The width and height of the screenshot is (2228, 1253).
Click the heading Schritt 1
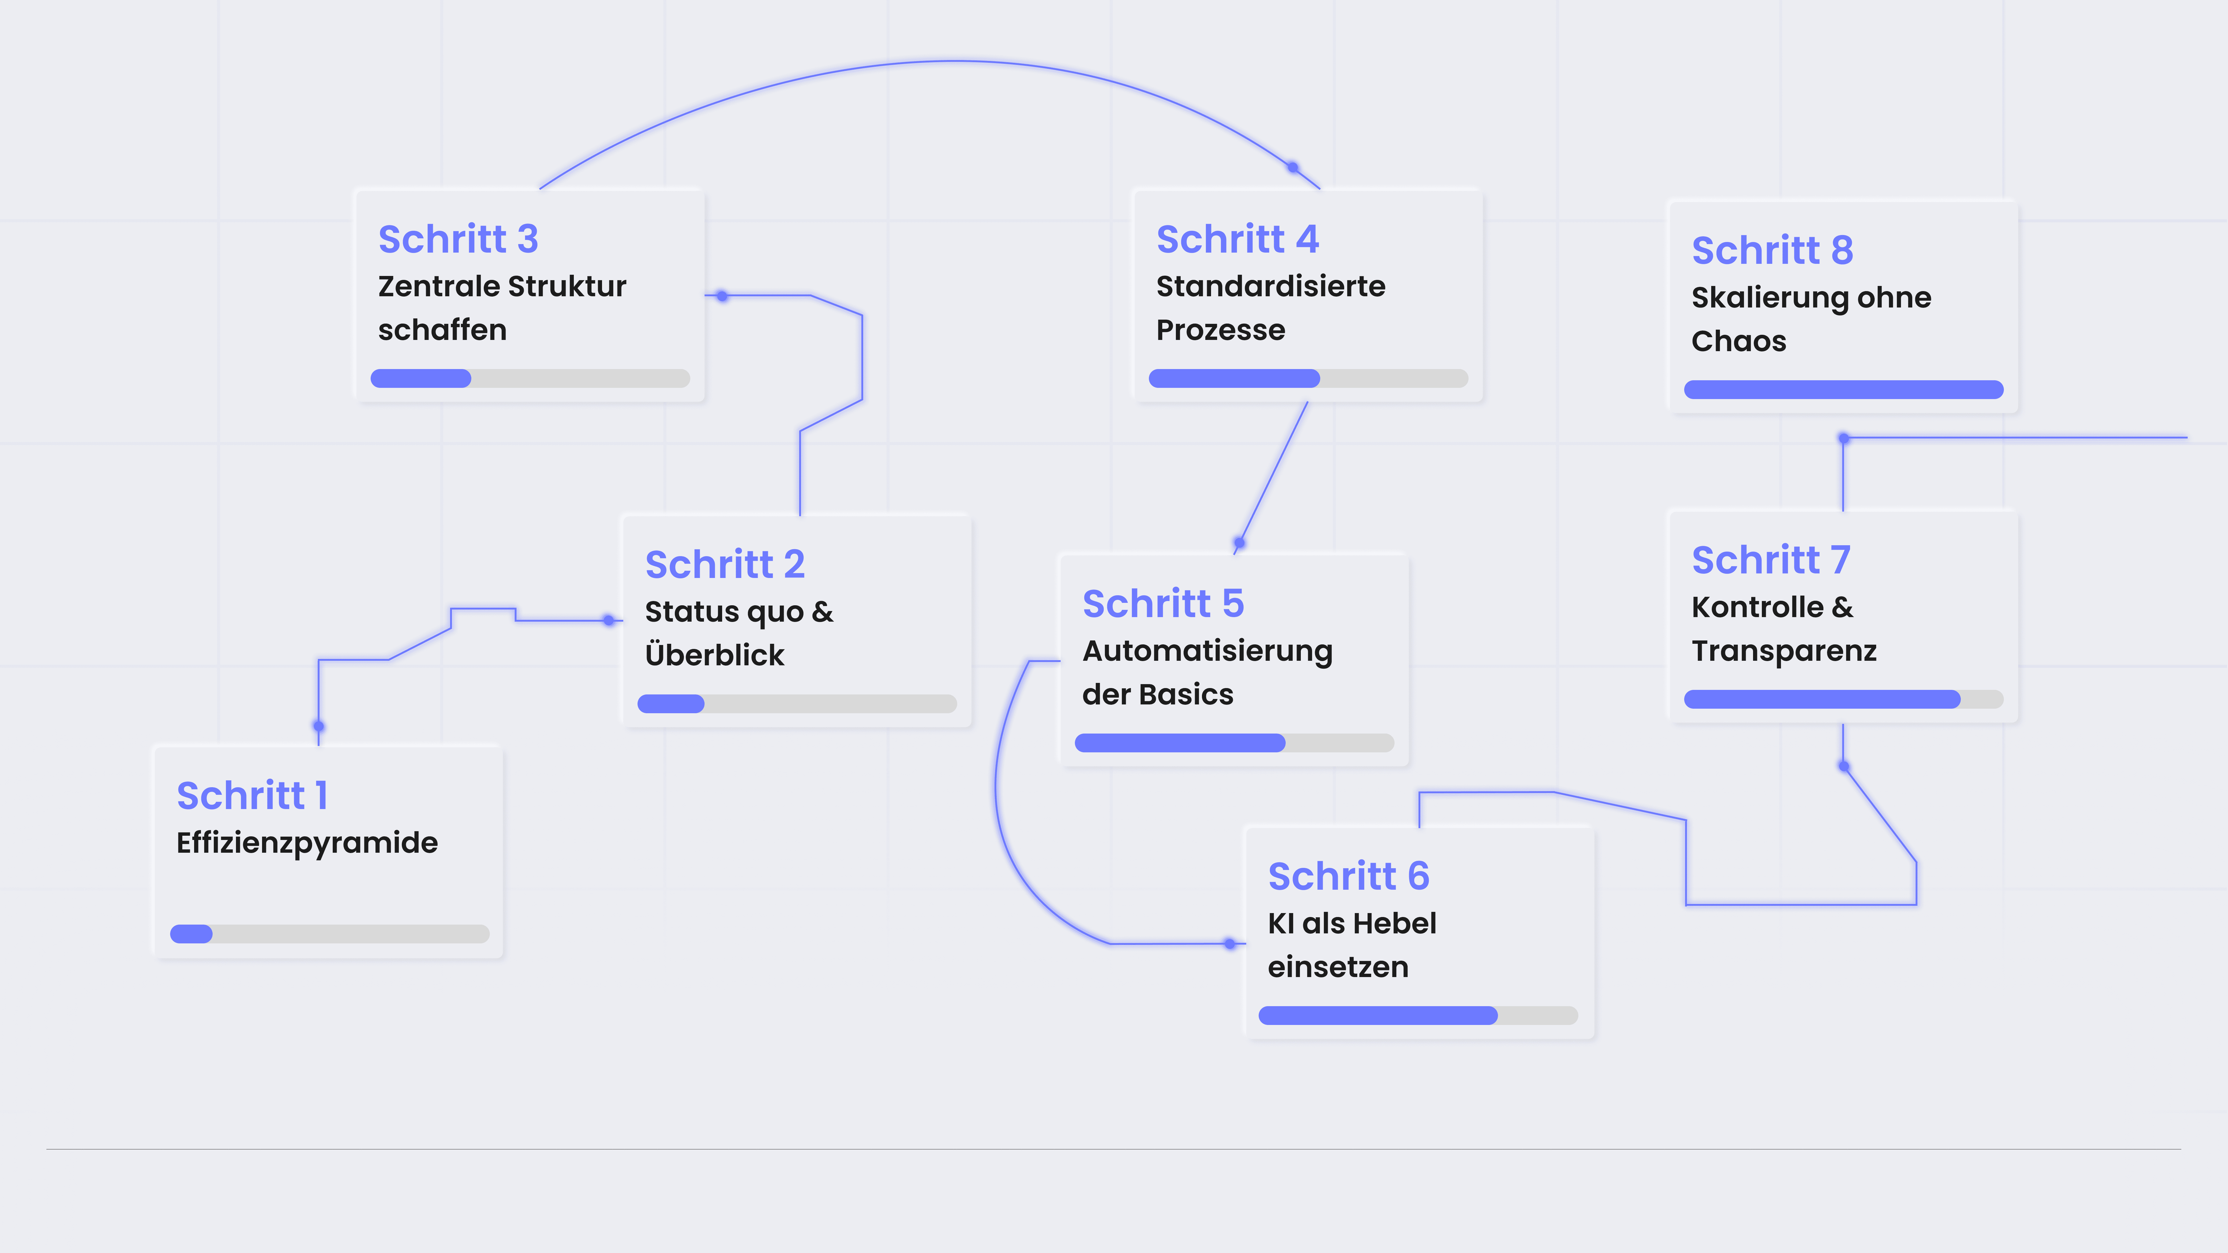point(252,795)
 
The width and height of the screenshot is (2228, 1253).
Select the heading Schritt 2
point(725,565)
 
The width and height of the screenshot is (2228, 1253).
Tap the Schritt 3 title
point(458,240)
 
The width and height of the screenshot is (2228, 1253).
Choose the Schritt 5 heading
point(1163,603)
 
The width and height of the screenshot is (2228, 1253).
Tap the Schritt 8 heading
point(1772,251)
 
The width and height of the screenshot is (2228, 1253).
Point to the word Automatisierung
point(1207,651)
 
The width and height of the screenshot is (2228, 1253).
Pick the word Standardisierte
point(1270,286)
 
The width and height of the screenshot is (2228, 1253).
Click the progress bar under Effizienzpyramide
point(330,934)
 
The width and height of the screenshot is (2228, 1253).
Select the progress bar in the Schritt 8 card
point(1843,390)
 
